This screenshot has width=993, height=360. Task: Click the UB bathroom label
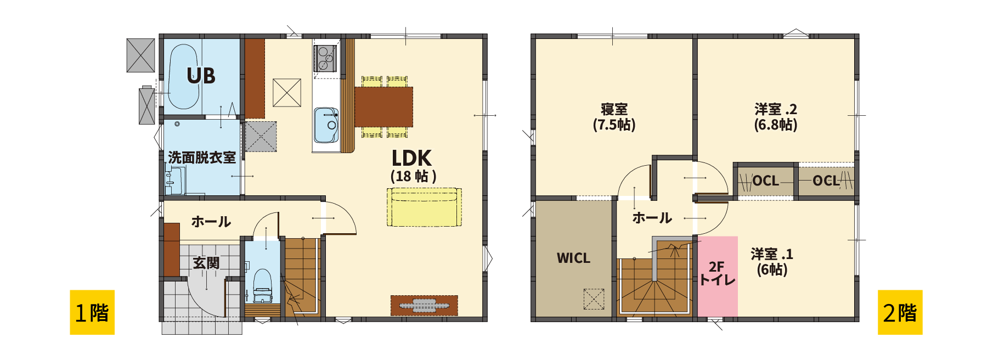(201, 76)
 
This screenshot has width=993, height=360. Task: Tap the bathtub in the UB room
(183, 77)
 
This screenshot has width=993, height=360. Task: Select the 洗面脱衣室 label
(202, 157)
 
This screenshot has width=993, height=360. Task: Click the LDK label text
(411, 158)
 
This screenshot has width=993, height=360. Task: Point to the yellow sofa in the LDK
(424, 207)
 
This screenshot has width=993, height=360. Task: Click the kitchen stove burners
(325, 58)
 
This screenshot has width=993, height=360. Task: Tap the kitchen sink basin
(326, 125)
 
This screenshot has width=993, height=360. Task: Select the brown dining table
(383, 107)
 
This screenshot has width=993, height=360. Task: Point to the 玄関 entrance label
(206, 263)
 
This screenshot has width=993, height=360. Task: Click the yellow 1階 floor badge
(92, 312)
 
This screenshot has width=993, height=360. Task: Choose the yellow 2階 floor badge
(900, 312)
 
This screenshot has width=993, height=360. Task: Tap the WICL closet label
(573, 258)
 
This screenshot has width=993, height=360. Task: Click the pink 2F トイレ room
(718, 276)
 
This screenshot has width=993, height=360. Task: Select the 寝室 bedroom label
(614, 109)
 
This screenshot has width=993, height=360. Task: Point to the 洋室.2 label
(776, 109)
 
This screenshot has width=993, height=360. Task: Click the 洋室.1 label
(772, 254)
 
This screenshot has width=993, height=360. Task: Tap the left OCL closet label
(765, 181)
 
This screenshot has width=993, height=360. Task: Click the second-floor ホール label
(652, 218)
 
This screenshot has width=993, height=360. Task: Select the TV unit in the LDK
(424, 305)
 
